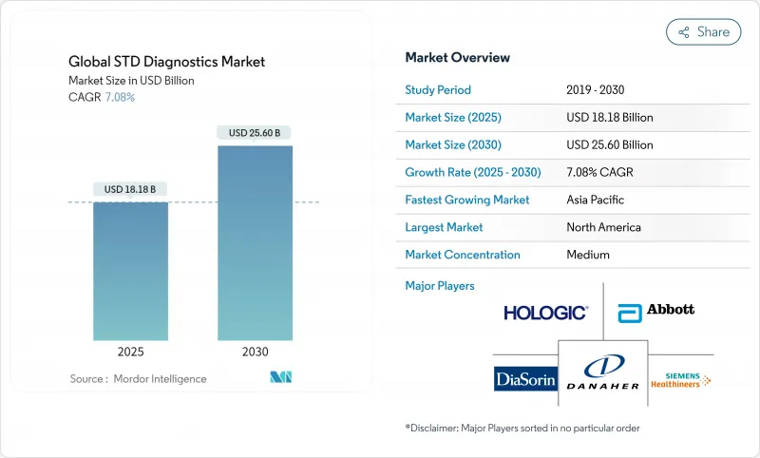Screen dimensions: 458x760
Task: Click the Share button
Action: pos(703,32)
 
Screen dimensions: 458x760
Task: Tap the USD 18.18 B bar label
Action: pos(130,189)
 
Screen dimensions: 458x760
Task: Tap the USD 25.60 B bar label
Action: pos(255,133)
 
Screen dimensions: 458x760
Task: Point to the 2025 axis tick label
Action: pos(130,352)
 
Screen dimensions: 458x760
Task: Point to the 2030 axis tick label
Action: pos(255,352)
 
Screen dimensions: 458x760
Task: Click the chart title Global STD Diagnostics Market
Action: pos(168,63)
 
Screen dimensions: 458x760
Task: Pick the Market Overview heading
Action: pos(457,58)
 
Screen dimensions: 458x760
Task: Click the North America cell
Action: pos(602,227)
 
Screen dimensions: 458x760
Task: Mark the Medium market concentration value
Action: pos(587,255)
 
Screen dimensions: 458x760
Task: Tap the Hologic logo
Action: pos(545,312)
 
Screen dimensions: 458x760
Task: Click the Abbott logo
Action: pos(655,311)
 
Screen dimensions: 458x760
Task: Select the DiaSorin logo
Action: pos(525,379)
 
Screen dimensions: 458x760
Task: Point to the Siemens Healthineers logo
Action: pos(680,379)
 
